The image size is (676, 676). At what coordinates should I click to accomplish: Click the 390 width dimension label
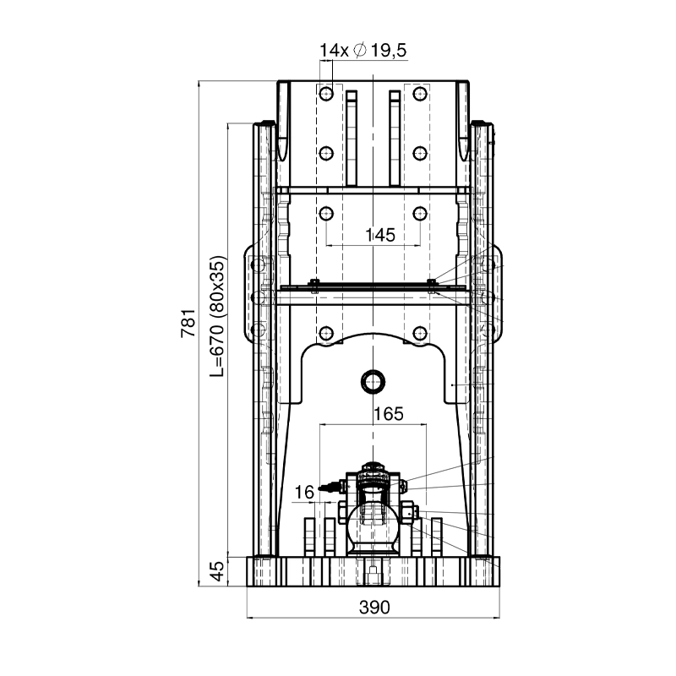coord(374,607)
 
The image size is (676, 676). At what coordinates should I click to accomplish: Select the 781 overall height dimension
coord(188,324)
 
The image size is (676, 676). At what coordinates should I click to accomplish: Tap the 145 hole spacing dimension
coord(379,236)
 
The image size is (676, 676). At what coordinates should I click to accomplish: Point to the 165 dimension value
coord(389,414)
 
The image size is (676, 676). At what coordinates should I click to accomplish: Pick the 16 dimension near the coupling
coord(304,492)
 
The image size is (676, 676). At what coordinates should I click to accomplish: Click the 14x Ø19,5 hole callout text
coord(363,51)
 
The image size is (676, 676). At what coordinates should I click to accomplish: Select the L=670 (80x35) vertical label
coord(218,316)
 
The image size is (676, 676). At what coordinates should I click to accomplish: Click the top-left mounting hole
coord(326,94)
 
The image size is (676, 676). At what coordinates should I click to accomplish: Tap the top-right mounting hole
coord(420,94)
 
